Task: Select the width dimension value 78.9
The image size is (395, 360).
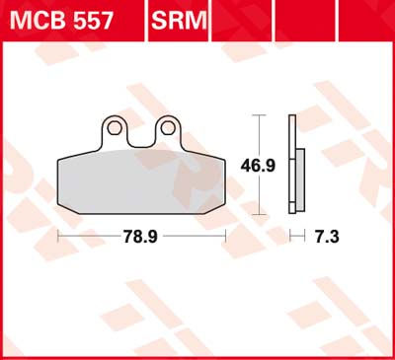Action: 142,237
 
